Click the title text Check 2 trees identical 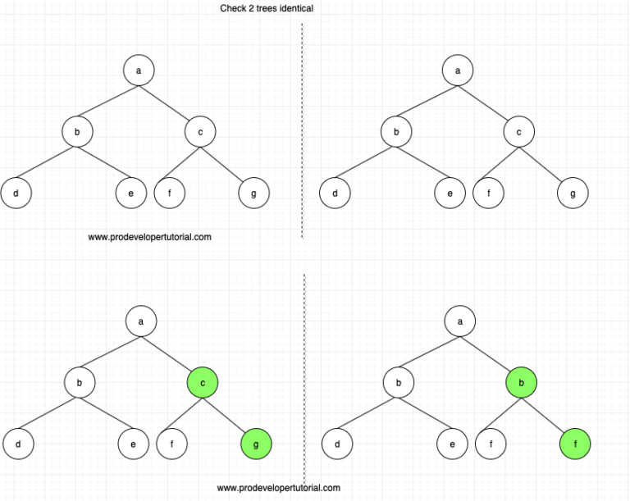click(x=267, y=8)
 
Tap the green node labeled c click(x=203, y=382)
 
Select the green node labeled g click(x=256, y=444)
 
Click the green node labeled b click(x=521, y=382)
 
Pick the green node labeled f click(x=574, y=444)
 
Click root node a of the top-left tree click(x=139, y=71)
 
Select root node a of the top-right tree click(x=457, y=71)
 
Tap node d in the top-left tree click(x=16, y=194)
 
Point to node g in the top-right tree click(x=572, y=194)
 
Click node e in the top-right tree click(x=450, y=194)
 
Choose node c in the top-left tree click(x=200, y=131)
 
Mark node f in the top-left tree click(x=169, y=194)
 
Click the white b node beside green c click(x=80, y=382)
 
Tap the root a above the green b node click(x=459, y=321)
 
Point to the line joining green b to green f click(x=548, y=413)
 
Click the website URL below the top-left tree click(x=149, y=237)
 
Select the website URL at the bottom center click(x=278, y=488)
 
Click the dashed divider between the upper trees click(x=302, y=131)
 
